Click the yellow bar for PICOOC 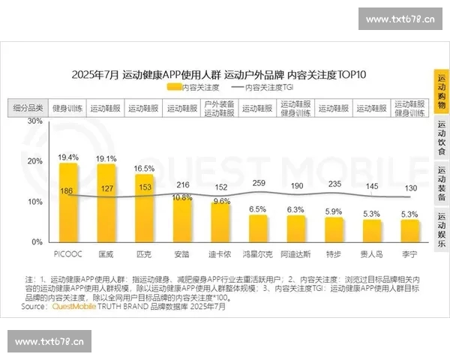pos(68,202)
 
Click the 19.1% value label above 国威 pos(106,159)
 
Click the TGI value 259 pos(258,184)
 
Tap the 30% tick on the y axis pos(35,121)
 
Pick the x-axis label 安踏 pos(182,254)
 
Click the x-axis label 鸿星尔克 pos(258,254)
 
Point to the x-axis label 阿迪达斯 pos(295,254)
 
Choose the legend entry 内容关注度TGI pos(271,88)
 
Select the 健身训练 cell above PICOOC pos(68,108)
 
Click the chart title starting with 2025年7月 pos(218,74)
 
